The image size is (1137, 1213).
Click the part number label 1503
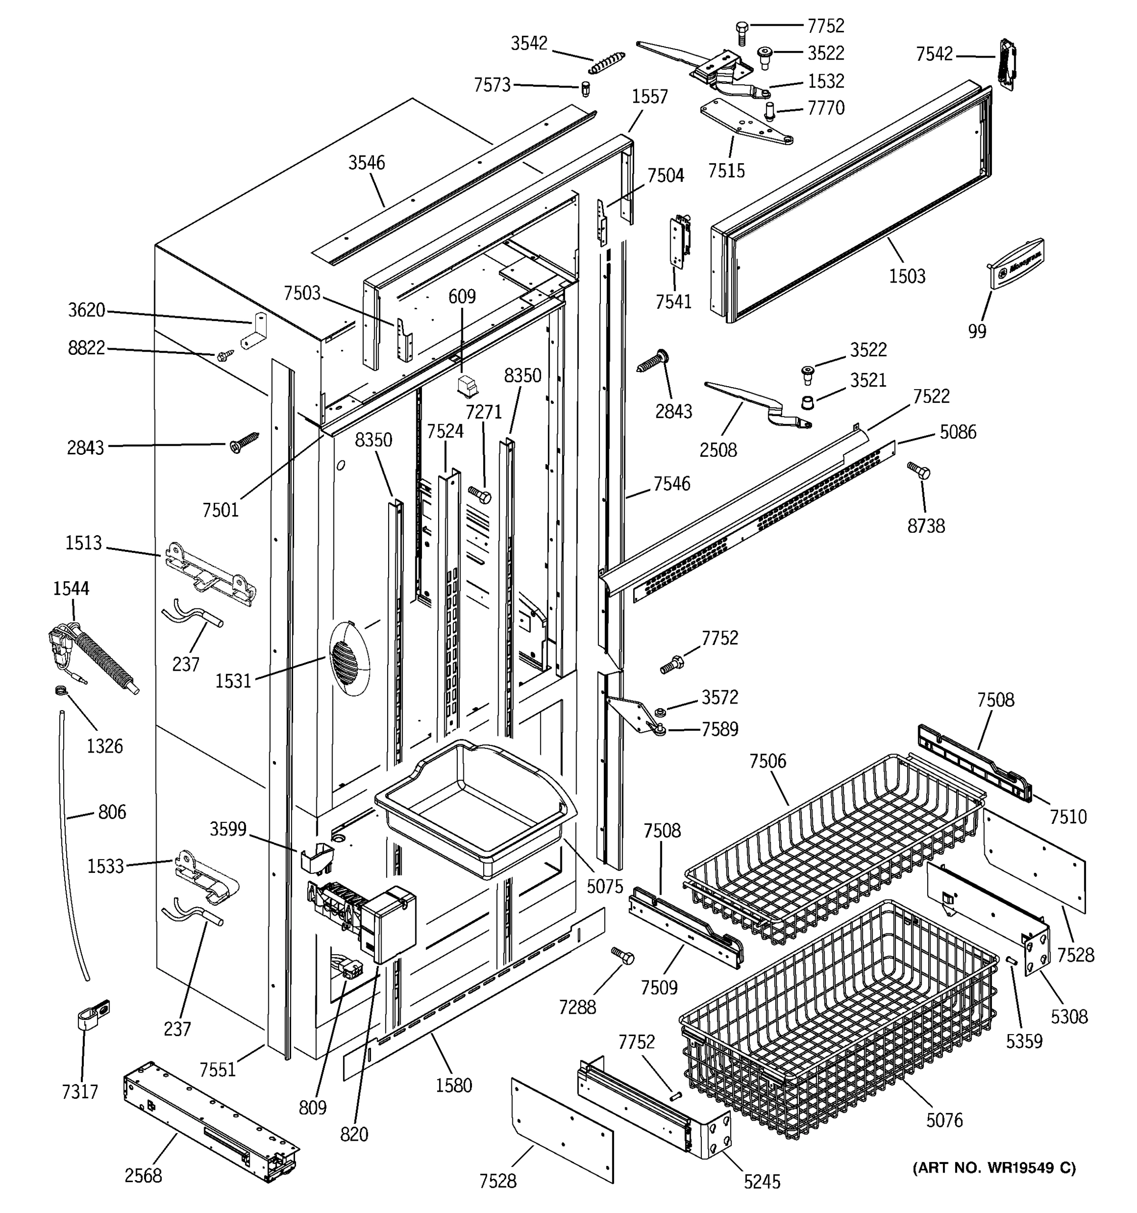point(907,276)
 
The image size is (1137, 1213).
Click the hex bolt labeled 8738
point(919,471)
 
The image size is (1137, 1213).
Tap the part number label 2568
point(144,1176)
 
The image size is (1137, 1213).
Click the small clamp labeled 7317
point(92,1016)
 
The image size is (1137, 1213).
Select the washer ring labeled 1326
point(60,691)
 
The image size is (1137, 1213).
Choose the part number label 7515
point(726,170)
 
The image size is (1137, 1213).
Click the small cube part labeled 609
point(468,386)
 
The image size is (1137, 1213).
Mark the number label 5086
point(957,432)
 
